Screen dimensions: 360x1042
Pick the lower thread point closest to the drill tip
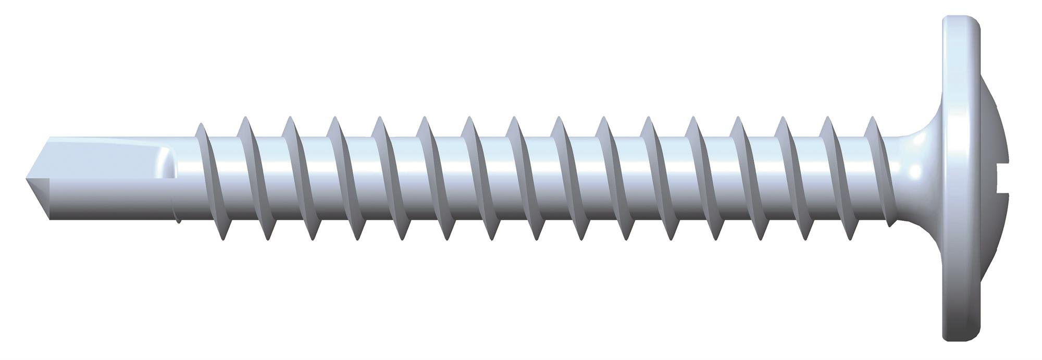point(223,239)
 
